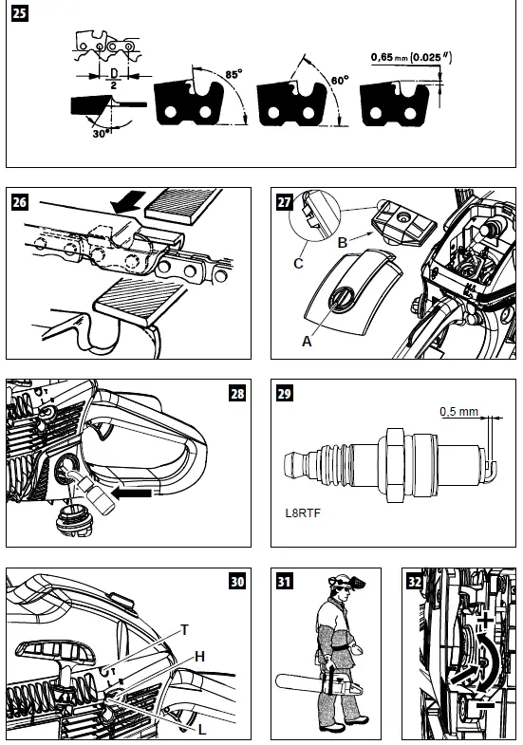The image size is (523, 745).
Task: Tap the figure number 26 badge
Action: (x=19, y=202)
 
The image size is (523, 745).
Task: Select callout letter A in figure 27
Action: (x=307, y=343)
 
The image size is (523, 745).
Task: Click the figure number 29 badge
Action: (x=283, y=393)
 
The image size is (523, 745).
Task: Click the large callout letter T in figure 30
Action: (x=185, y=627)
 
